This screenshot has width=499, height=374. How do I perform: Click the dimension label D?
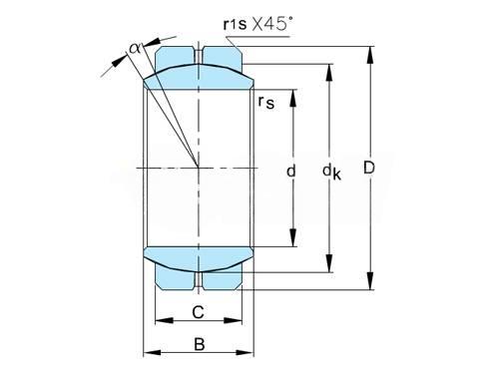[369, 168]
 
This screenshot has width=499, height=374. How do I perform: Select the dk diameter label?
[331, 173]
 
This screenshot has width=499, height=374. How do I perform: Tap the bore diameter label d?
[291, 172]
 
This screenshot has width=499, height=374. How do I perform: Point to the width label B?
[199, 344]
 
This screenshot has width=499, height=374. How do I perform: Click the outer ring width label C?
[199, 312]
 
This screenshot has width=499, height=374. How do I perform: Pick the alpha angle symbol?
[135, 49]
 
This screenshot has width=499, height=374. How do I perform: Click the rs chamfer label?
[266, 102]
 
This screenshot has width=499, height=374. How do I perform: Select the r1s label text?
[235, 24]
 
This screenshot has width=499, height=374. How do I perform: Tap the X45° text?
[272, 24]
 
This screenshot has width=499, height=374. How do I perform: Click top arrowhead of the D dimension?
[370, 55]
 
